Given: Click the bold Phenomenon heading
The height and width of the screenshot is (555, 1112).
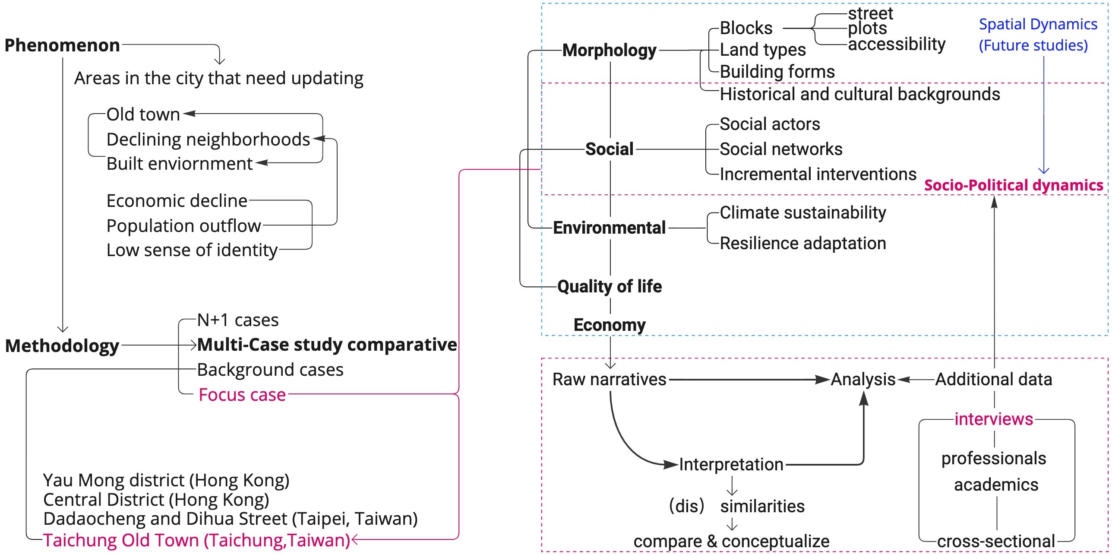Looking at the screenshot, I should (x=62, y=45).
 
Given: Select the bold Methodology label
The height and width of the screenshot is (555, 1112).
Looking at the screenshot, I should (x=62, y=346).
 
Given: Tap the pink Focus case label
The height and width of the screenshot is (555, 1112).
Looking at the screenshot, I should (x=242, y=395).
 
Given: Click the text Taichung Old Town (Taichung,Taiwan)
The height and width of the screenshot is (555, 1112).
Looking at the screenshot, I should (x=197, y=540).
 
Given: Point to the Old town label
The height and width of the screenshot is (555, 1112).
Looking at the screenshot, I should (x=143, y=114).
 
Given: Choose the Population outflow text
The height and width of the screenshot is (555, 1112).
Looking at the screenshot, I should (x=183, y=226).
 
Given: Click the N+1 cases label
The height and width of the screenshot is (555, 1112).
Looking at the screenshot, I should (x=238, y=320).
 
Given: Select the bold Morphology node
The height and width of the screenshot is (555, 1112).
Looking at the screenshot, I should (x=609, y=50).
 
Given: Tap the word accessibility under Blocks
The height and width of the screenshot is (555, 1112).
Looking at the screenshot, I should (x=897, y=44).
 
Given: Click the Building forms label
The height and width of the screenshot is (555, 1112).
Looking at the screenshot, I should (x=777, y=71).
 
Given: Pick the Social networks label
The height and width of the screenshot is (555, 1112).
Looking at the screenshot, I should (x=781, y=149).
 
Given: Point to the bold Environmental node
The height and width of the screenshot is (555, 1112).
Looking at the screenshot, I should (x=609, y=228).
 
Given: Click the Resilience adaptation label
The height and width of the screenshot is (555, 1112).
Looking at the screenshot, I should (x=802, y=243).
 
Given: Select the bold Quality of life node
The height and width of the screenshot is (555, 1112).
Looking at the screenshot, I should (x=609, y=286).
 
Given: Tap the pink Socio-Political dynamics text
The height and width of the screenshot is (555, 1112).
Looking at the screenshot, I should (x=1014, y=185).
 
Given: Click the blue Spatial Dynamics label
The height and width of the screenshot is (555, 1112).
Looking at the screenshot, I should (x=1038, y=24).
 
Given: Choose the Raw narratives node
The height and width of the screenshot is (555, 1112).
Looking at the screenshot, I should (x=609, y=379).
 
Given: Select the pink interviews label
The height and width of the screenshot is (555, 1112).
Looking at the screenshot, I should (x=994, y=419).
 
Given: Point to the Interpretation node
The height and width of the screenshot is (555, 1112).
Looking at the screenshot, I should (x=731, y=464).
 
